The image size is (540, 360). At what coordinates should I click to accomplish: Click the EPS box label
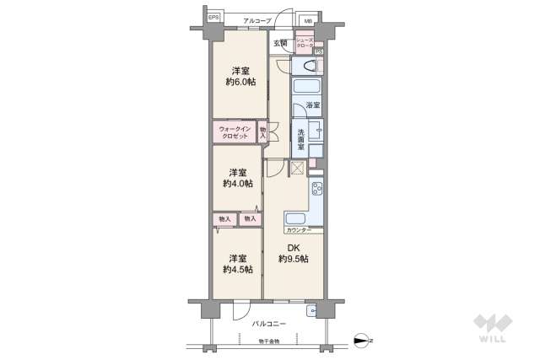point(213,17)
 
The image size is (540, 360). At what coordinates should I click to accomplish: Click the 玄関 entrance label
point(280,43)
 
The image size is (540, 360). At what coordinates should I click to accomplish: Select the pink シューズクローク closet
point(304,43)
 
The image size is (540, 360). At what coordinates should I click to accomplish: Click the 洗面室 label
point(300,136)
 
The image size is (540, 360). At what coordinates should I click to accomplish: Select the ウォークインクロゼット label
point(233,133)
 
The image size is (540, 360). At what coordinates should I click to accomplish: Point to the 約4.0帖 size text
point(237,183)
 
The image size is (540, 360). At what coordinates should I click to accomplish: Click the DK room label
point(293,247)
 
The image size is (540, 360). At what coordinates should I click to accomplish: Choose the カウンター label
point(299,229)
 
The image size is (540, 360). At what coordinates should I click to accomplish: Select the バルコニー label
point(269,324)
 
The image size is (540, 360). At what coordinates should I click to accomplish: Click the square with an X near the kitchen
point(296,167)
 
